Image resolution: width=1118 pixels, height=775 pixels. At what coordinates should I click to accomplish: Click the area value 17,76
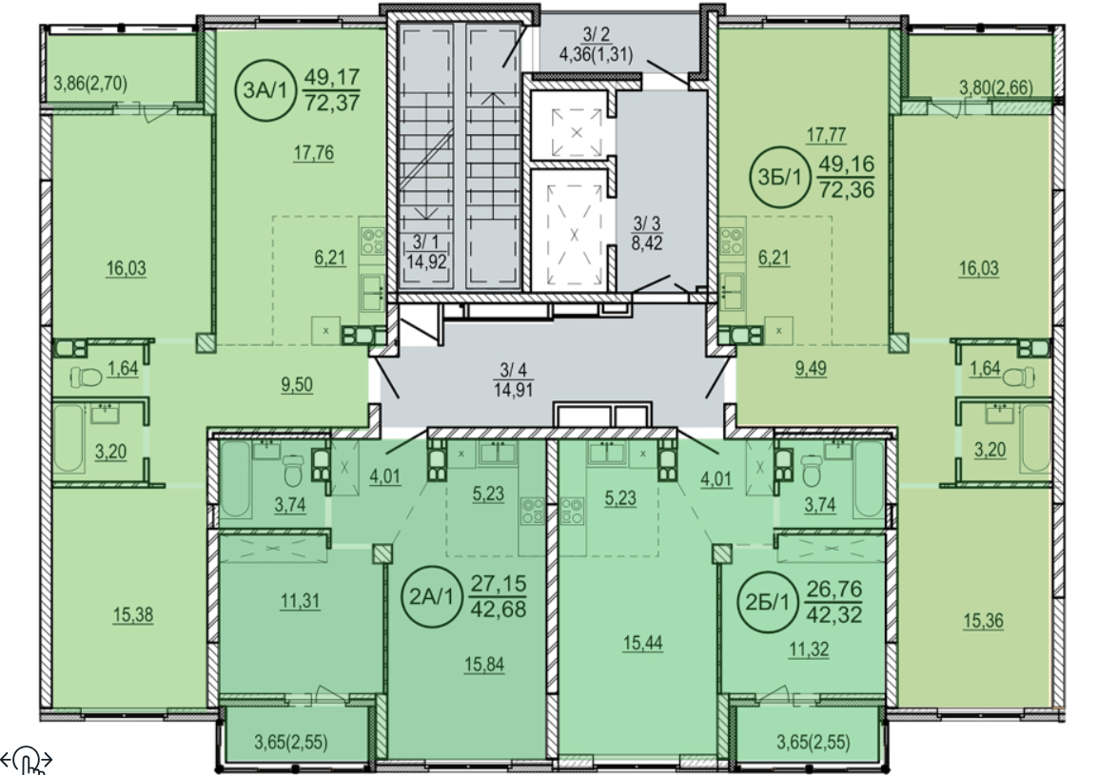pos(314,153)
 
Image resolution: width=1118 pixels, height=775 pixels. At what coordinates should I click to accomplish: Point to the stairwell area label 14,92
pos(426,262)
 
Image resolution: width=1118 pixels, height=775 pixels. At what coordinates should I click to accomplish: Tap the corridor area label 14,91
pos(514,389)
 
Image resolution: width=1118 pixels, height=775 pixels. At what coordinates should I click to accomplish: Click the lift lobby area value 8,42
pos(647,243)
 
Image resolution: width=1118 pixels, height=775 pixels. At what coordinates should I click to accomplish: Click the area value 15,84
pos(484,665)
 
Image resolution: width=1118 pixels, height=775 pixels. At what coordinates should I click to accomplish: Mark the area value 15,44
pos(642,643)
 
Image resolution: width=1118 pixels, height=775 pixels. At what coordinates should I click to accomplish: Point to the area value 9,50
pos(297,385)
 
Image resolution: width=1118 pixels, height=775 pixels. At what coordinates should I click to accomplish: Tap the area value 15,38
pos(133,614)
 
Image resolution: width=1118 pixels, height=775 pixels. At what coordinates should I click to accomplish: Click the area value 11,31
pos(300,601)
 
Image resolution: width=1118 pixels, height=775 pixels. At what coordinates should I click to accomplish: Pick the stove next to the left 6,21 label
pos(372,240)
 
